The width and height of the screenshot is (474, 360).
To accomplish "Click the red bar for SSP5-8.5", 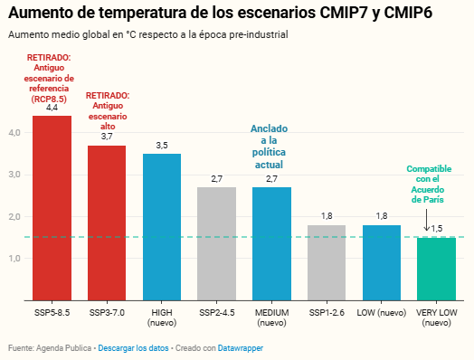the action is click(x=52, y=208).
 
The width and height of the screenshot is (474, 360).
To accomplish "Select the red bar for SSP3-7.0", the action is click(x=107, y=223).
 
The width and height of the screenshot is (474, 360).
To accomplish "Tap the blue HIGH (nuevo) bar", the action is click(x=162, y=227).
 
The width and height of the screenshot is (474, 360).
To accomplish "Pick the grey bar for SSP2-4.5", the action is click(x=217, y=243).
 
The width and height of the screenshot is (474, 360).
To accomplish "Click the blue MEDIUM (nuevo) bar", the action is click(x=271, y=243).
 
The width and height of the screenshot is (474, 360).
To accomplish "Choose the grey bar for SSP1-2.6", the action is click(x=327, y=262).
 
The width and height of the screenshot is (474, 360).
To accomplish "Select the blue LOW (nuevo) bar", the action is click(x=382, y=262).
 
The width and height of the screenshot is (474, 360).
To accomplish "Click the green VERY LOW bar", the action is click(x=437, y=269).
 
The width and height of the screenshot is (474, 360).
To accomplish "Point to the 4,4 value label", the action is click(x=52, y=108).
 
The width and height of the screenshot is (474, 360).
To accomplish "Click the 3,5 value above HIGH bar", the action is click(x=162, y=146).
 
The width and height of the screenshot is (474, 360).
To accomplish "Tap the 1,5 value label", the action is click(x=437, y=229).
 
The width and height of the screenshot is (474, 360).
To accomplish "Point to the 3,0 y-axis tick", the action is click(x=14, y=175).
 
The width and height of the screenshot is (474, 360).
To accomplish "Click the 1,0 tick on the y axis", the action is click(x=14, y=259).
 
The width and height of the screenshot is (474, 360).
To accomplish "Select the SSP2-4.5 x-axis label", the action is click(x=217, y=313).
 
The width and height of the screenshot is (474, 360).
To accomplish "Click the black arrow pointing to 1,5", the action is click(x=426, y=221).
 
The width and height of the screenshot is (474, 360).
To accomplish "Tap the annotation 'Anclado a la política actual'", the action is click(x=269, y=147).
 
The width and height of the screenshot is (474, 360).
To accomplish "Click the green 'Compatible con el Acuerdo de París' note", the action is click(x=429, y=185).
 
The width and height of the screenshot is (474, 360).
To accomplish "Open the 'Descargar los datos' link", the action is click(x=133, y=348).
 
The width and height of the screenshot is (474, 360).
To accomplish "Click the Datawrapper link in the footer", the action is click(x=241, y=348).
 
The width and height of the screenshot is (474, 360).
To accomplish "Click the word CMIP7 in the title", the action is click(x=344, y=13).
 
